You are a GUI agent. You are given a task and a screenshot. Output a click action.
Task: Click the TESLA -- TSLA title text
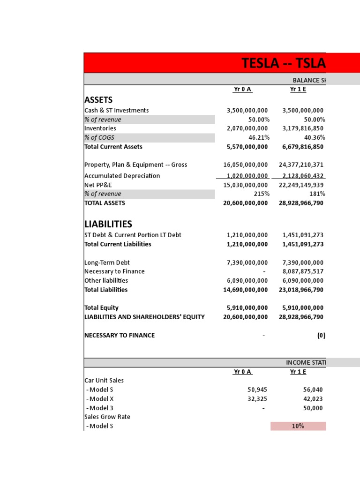click(x=284, y=63)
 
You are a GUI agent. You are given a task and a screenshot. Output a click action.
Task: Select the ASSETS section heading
click(x=98, y=99)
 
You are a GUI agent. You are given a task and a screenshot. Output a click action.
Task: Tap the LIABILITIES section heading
click(x=108, y=224)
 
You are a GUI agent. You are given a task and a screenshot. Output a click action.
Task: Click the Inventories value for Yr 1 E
click(x=303, y=128)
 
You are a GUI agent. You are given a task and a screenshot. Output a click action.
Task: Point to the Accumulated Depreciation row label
click(x=122, y=176)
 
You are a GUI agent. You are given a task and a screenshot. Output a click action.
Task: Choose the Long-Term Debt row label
click(x=107, y=262)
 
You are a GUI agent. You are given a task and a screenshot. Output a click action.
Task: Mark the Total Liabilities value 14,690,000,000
click(x=246, y=290)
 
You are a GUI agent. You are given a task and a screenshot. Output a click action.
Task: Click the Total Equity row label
click(x=101, y=308)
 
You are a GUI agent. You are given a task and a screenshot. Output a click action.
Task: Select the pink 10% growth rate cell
click(x=298, y=426)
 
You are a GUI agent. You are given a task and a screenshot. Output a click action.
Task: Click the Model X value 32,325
click(x=257, y=399)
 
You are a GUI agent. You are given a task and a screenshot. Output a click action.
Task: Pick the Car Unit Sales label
click(x=104, y=381)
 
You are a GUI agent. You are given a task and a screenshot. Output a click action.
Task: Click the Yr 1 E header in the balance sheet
click(x=298, y=90)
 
